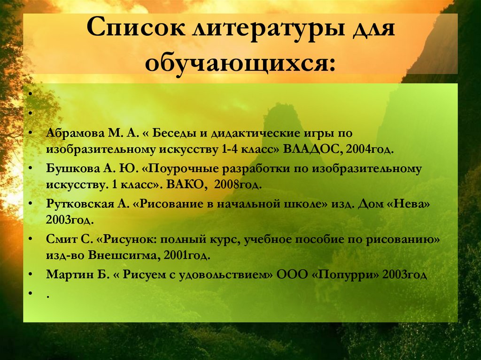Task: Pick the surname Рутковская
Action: tap(77, 203)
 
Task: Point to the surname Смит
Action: tap(59, 238)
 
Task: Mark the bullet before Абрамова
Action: tap(30, 133)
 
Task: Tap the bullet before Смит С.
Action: tap(30, 238)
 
